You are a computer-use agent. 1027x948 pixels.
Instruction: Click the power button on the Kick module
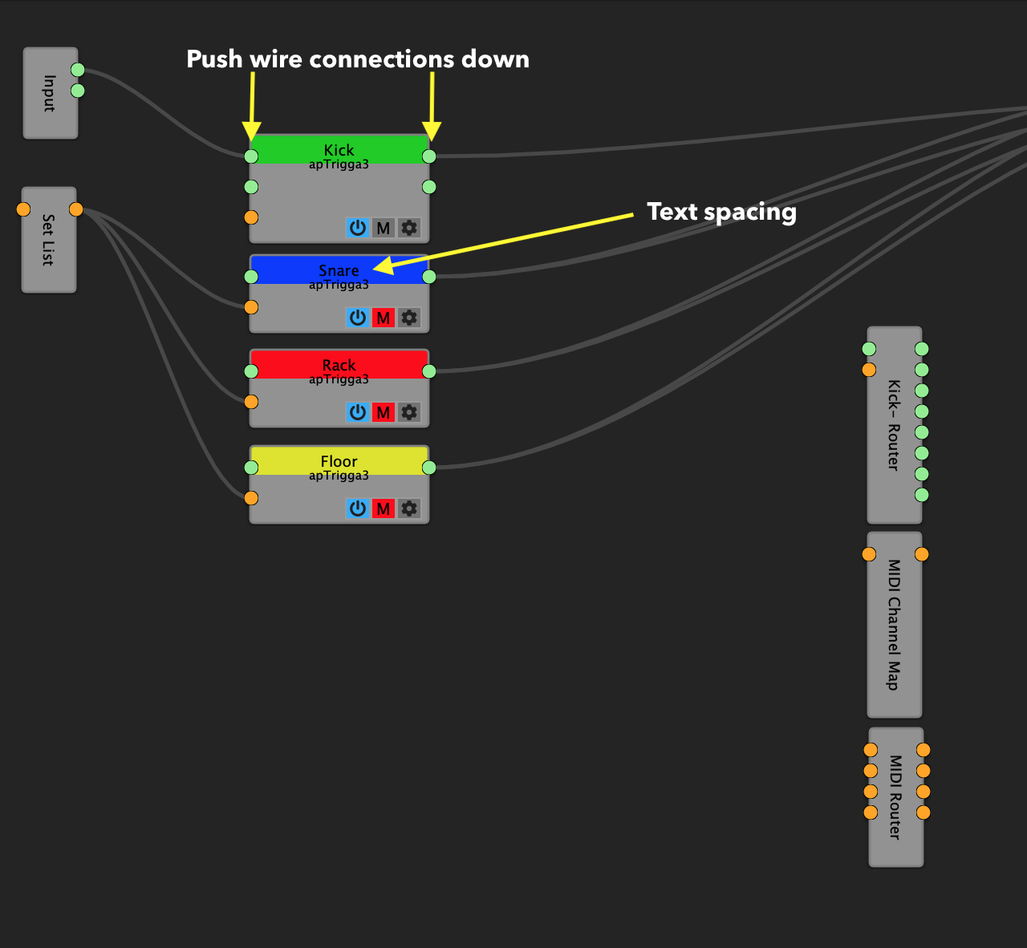(358, 228)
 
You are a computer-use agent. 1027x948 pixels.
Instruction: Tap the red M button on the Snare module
(384, 318)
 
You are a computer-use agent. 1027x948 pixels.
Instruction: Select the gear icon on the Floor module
(409, 508)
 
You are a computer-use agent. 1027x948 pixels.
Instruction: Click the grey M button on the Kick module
(384, 228)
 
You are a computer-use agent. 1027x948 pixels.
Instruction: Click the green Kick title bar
(339, 150)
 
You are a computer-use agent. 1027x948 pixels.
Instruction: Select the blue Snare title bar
(339, 270)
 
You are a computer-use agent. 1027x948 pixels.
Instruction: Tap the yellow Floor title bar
(339, 461)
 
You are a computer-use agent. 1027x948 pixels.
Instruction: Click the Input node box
(50, 93)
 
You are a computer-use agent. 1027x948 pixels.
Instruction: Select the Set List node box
(48, 240)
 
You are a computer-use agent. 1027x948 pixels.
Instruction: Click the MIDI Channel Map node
(894, 625)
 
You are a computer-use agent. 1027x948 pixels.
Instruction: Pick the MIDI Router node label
(895, 797)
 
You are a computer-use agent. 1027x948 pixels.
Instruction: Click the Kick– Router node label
(894, 425)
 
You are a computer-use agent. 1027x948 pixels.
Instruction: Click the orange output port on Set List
(76, 209)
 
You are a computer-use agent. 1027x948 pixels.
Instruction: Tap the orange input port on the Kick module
(251, 217)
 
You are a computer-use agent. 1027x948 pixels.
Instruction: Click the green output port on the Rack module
(429, 371)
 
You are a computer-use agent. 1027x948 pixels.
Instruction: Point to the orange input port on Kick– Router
(869, 370)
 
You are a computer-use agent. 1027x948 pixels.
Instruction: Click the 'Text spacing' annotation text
(721, 212)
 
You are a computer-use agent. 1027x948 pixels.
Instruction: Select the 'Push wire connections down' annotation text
(358, 59)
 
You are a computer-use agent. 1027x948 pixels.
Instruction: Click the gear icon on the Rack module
(409, 412)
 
